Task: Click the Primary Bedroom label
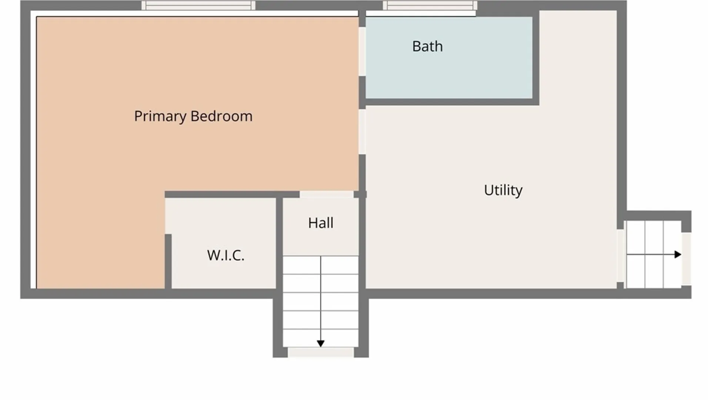(193, 116)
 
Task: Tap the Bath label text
(427, 47)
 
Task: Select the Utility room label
(503, 190)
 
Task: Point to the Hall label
(321, 223)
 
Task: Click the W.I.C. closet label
(226, 255)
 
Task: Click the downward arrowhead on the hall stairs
(321, 344)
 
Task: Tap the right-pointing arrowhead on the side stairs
(678, 254)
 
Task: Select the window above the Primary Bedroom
(198, 5)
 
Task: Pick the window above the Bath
(430, 5)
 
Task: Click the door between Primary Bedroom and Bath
(362, 51)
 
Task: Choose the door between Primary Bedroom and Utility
(362, 131)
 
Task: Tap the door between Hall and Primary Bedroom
(326, 194)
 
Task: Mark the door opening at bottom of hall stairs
(321, 352)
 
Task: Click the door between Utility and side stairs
(620, 256)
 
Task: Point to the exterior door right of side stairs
(686, 258)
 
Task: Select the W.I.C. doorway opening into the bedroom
(168, 216)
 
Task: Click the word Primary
(160, 116)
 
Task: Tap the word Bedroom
(221, 116)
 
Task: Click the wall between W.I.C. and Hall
(279, 243)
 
